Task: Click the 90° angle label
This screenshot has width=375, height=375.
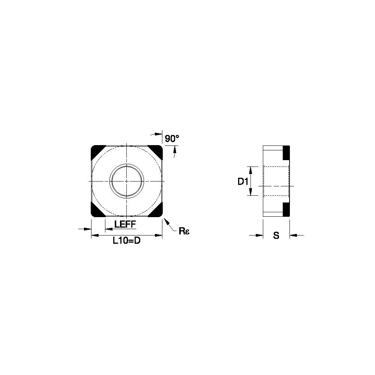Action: (x=172, y=139)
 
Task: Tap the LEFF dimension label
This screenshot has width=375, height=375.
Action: (x=125, y=224)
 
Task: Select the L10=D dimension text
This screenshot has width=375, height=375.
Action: (x=126, y=241)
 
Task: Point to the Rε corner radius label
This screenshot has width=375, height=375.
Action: (x=184, y=231)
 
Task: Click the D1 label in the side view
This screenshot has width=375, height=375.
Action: (x=243, y=182)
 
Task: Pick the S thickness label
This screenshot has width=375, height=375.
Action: (x=276, y=235)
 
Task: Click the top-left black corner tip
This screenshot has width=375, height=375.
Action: (x=97, y=152)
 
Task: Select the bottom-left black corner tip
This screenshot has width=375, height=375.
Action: (x=97, y=210)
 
